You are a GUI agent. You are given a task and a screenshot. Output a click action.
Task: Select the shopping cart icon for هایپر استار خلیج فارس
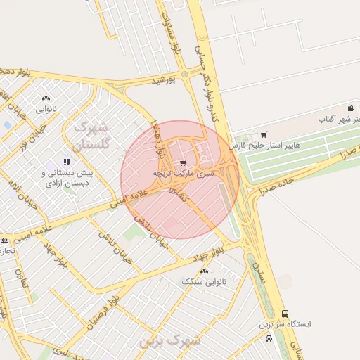click(264, 134)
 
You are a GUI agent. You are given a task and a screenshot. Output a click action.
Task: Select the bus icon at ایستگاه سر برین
click(285, 314)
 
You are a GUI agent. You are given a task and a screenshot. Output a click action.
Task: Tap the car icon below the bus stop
click(269, 338)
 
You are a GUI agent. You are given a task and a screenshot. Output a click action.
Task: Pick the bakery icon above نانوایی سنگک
click(205, 270)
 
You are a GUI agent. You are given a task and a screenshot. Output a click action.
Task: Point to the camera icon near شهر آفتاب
click(350, 108)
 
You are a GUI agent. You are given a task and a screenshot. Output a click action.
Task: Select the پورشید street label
click(162, 81)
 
